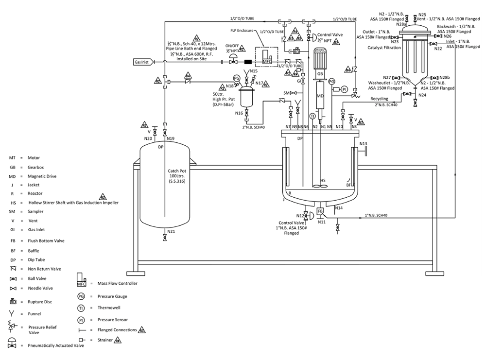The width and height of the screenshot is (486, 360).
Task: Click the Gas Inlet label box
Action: click(x=143, y=62)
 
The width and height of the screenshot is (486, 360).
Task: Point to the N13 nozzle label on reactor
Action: click(x=363, y=143)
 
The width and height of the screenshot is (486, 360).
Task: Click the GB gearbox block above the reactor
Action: click(x=320, y=74)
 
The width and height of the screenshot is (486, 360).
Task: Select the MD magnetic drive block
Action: click(x=320, y=96)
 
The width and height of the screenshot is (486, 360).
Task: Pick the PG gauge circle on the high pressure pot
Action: click(x=237, y=78)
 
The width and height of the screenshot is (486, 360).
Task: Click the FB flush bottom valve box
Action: click(x=320, y=211)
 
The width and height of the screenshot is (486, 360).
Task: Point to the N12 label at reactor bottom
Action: click(x=300, y=215)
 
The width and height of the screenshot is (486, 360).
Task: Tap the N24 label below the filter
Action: click(x=422, y=95)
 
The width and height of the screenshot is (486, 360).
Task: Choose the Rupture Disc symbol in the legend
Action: click(x=14, y=301)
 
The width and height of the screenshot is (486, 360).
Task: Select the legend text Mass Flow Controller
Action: click(x=117, y=283)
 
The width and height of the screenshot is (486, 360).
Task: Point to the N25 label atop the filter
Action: click(x=422, y=15)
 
